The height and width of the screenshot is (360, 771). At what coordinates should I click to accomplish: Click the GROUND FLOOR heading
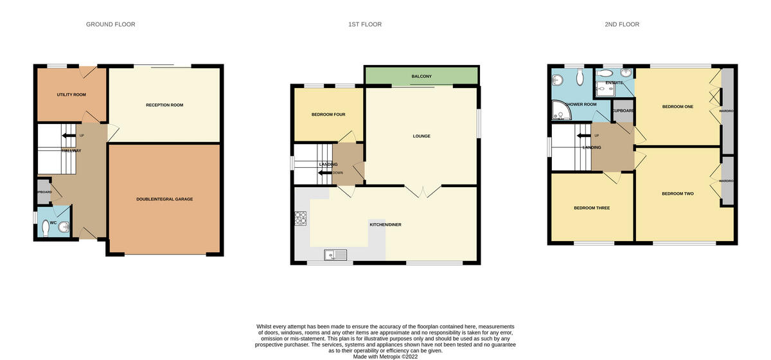pyautogui.click(x=111, y=24)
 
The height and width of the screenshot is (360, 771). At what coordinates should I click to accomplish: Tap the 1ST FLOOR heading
pyautogui.click(x=364, y=24)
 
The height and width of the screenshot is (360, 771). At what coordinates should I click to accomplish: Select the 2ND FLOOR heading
pyautogui.click(x=621, y=24)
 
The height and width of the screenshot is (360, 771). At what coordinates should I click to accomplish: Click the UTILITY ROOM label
pyautogui.click(x=71, y=94)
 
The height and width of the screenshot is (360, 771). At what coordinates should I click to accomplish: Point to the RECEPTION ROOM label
pyautogui.click(x=164, y=105)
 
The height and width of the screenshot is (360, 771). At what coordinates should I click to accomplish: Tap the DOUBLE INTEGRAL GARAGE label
pyautogui.click(x=164, y=199)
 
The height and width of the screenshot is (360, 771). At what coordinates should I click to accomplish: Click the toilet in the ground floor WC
pyautogui.click(x=46, y=228)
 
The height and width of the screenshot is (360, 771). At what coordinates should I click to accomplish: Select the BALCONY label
pyautogui.click(x=421, y=76)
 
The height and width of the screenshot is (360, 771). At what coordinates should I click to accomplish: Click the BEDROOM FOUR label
pyautogui.click(x=328, y=114)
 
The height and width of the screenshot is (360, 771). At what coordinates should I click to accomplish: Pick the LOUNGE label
pyautogui.click(x=421, y=136)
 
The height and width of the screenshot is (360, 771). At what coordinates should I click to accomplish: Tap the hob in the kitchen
pyautogui.click(x=300, y=219)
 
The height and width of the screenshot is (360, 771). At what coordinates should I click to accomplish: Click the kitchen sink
pyautogui.click(x=335, y=255)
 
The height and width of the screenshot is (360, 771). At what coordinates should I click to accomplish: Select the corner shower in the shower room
pyautogui.click(x=561, y=114)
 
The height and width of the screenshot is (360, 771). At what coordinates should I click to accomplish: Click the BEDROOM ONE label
pyautogui.click(x=677, y=107)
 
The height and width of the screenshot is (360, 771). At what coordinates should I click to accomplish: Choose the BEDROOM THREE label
pyautogui.click(x=592, y=208)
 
